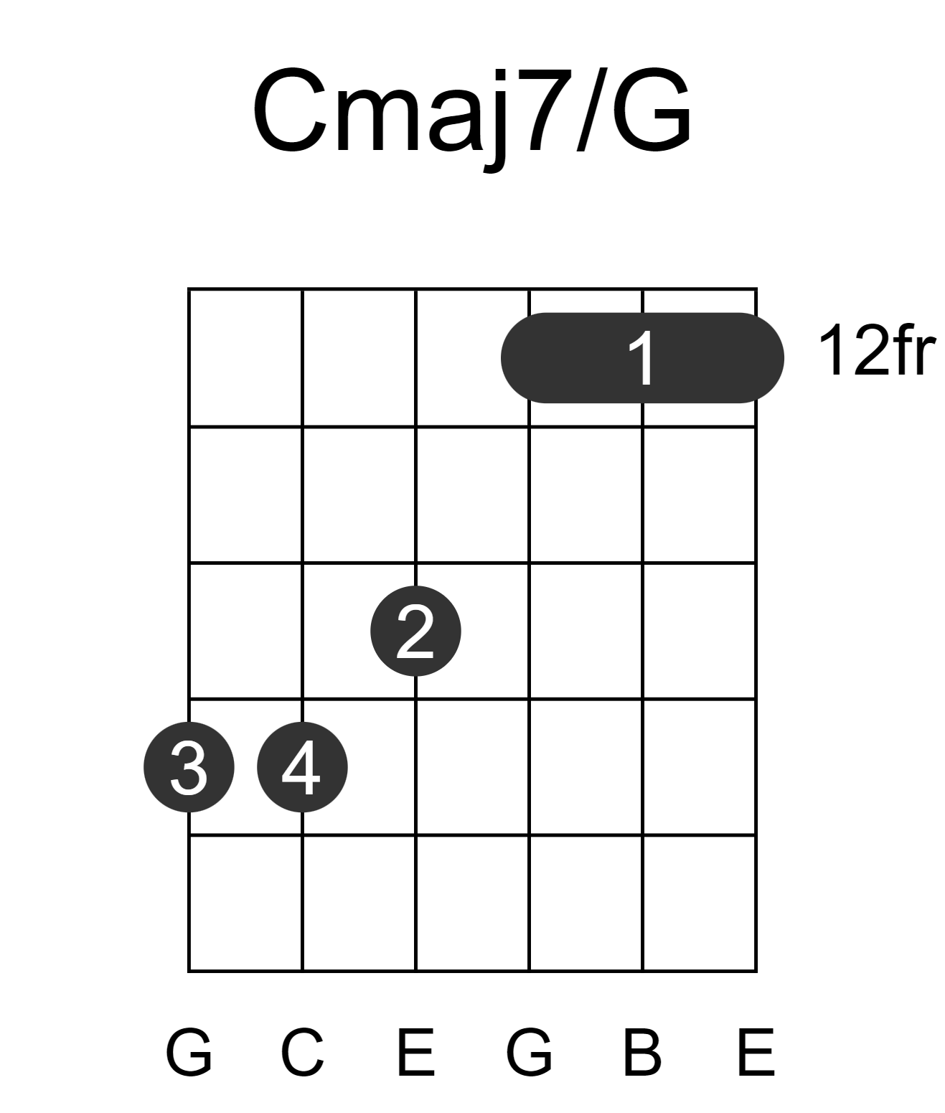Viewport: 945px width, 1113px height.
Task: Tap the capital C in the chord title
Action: point(290,110)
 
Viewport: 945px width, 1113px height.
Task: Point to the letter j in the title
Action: point(495,121)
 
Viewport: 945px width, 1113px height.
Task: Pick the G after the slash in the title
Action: point(651,110)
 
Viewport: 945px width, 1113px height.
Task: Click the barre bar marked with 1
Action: point(642,358)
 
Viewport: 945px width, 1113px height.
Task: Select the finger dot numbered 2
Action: point(415,631)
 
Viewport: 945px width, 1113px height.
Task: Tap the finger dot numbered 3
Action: point(189,767)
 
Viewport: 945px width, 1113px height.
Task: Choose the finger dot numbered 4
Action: point(303,767)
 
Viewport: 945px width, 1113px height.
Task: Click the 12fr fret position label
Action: point(877,351)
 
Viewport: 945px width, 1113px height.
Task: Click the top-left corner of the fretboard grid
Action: point(189,289)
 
